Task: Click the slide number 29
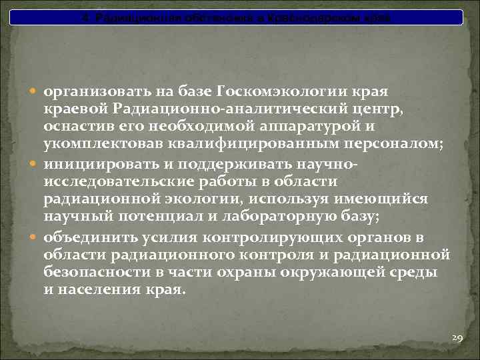click(457, 339)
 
